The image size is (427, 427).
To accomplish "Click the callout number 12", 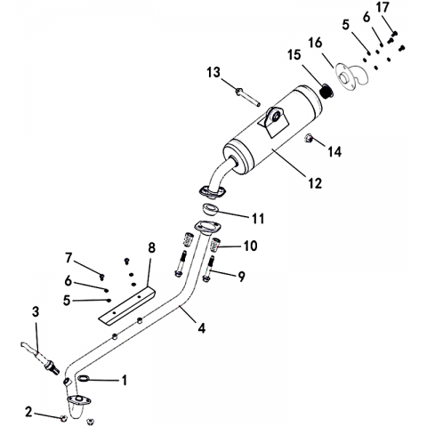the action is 315,184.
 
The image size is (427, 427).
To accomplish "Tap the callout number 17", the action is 383,7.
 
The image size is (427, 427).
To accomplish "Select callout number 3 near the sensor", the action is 36,311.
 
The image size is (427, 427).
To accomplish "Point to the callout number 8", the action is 151,248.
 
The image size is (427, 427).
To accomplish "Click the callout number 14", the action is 334,152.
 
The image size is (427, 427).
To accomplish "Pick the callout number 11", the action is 258,219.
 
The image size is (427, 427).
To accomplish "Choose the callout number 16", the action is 315,43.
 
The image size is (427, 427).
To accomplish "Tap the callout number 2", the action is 28,412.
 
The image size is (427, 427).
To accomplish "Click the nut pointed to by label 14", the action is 309,138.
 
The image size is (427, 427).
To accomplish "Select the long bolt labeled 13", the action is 247,97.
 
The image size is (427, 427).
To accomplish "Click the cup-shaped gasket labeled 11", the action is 211,210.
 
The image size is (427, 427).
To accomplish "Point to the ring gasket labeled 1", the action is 84,378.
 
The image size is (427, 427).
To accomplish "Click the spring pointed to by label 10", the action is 215,245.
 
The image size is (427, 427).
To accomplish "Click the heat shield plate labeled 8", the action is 126,306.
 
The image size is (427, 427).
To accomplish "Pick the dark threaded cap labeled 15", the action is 327,91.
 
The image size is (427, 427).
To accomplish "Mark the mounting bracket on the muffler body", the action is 273,121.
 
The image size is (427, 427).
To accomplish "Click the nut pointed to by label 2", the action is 63,418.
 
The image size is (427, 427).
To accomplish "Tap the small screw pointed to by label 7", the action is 101,277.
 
